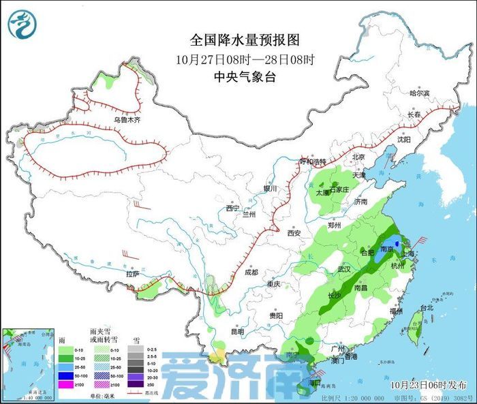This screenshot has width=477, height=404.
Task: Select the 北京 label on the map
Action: tap(359, 157)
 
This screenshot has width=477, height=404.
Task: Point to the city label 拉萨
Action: tap(133, 274)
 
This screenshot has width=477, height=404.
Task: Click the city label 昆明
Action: tap(236, 332)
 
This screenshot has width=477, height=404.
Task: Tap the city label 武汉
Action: tap(344, 269)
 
